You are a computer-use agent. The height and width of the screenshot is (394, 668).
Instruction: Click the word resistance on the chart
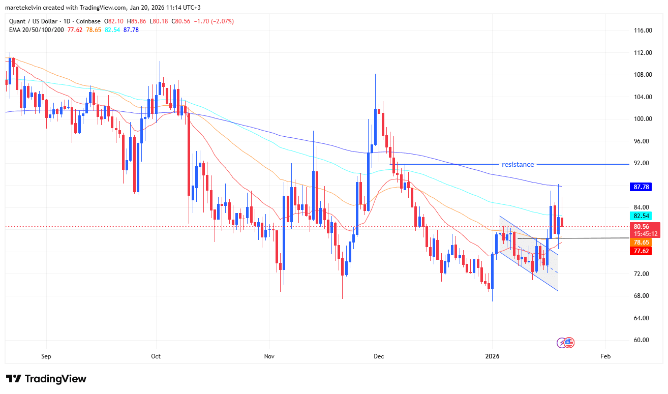pyautogui.click(x=518, y=164)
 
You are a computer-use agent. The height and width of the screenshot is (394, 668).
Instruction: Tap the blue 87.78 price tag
pyautogui.click(x=642, y=187)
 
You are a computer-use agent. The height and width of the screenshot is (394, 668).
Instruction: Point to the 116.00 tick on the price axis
pyautogui.click(x=644, y=31)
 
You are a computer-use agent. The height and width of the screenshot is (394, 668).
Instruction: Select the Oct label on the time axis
pyautogui.click(x=156, y=356)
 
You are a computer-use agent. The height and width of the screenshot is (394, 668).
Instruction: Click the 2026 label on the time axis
pyautogui.click(x=492, y=356)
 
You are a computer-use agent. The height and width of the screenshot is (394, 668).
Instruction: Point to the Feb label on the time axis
pyautogui.click(x=605, y=356)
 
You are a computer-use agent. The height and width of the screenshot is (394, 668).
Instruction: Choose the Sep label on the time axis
pyautogui.click(x=46, y=356)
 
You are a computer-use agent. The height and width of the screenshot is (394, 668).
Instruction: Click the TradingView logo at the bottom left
pyautogui.click(x=46, y=379)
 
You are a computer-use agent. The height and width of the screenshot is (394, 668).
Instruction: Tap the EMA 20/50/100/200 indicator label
pyautogui.click(x=36, y=30)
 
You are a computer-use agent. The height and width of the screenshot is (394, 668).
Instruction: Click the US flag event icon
pyautogui.click(x=569, y=343)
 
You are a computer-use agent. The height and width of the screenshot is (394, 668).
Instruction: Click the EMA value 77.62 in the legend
pyautogui.click(x=75, y=30)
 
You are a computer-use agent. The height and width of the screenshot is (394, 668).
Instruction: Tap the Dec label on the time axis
pyautogui.click(x=378, y=356)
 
